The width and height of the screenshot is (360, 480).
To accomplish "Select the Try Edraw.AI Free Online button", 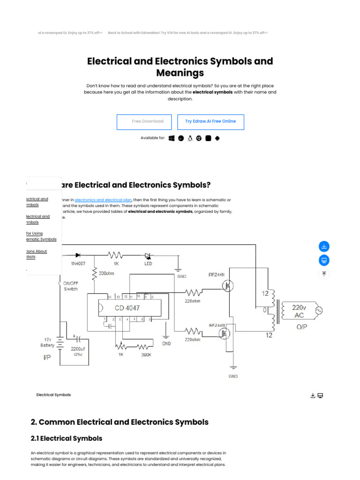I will [x=210, y=121].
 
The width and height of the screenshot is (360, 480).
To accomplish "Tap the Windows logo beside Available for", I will [x=172, y=138].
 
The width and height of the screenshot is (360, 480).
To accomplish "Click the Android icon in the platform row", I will [x=217, y=138].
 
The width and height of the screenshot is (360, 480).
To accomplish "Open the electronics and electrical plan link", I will [x=103, y=200].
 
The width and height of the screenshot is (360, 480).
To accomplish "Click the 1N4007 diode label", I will [x=78, y=263].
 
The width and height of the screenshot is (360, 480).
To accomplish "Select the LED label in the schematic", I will [x=148, y=263].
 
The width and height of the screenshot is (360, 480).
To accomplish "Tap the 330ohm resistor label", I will [x=106, y=273].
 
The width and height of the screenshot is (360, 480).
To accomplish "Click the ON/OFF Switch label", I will [x=71, y=286].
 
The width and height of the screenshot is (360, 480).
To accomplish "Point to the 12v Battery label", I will [x=47, y=342].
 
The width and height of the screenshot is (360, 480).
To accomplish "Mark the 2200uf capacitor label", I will [x=77, y=349].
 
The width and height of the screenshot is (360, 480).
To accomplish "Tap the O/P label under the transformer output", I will [x=302, y=327].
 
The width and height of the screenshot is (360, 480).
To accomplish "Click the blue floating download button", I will [x=324, y=246].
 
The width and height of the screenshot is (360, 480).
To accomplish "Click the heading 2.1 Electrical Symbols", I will [x=67, y=438].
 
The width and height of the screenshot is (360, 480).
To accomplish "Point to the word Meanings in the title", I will [x=180, y=73].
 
